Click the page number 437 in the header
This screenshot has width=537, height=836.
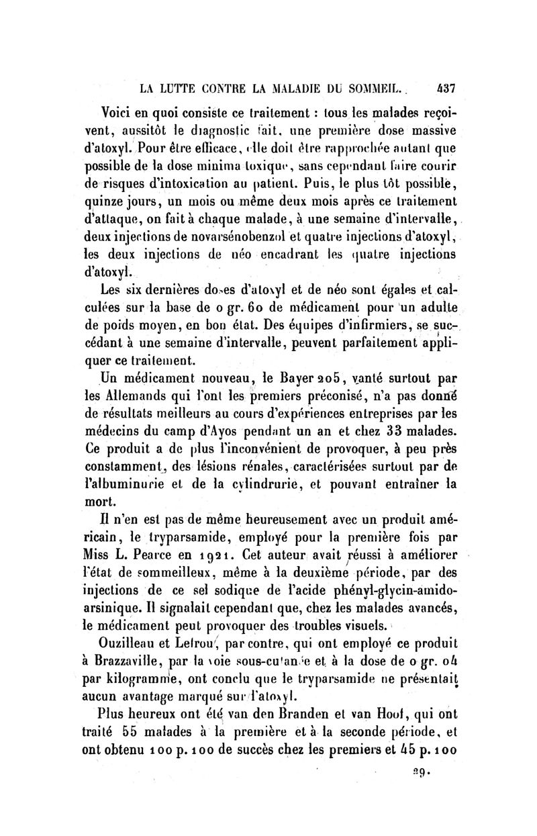point(446,87)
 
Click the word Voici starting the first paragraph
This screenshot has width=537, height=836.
point(119,111)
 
